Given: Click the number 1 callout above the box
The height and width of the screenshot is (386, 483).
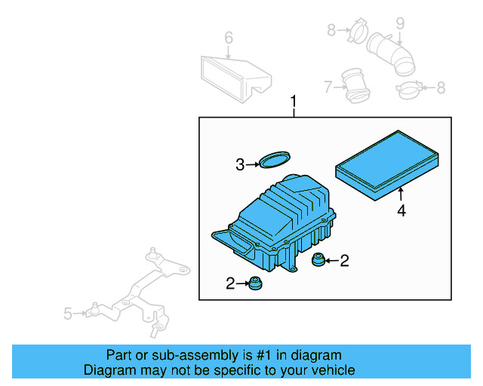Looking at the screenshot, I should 294,101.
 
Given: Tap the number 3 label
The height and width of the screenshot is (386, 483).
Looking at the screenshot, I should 239,164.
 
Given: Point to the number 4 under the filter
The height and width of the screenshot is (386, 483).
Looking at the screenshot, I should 401,212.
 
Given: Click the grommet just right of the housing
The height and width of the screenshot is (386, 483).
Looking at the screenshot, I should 319,261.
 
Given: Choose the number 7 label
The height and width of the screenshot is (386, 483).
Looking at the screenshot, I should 328,87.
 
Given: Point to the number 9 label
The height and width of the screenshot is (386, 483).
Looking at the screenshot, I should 400,23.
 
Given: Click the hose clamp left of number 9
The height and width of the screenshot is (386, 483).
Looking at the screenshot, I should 357,31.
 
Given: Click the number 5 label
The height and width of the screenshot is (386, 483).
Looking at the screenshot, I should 67,313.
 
